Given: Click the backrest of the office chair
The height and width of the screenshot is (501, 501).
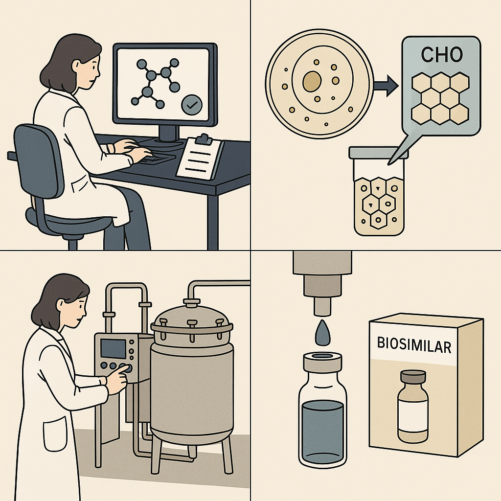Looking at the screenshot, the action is pos(38,160).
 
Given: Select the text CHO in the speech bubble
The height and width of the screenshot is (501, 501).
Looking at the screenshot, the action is pos(442,55).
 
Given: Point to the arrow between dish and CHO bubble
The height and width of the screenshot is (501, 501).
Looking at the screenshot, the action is pos(386,85).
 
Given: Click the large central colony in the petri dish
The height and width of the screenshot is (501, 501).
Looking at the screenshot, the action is pos(312,81).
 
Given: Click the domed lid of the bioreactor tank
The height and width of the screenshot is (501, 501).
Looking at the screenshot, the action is pos(192,318).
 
